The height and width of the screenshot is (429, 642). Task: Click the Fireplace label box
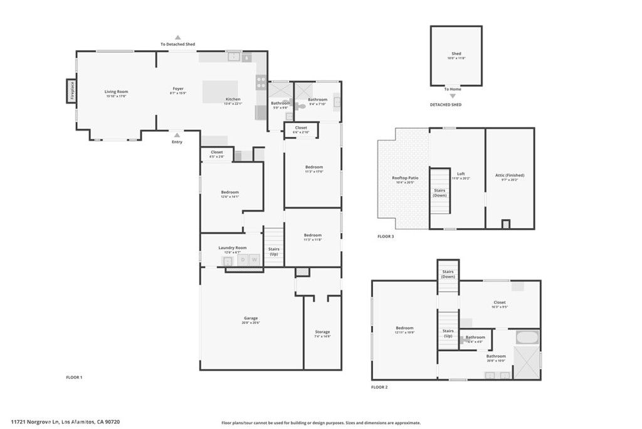72,91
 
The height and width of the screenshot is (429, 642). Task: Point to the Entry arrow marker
177,135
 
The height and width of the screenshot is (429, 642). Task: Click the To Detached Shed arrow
177,38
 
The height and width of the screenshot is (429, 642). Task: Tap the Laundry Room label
232,248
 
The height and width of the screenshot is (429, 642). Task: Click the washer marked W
255,259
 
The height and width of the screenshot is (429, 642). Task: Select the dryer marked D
242,259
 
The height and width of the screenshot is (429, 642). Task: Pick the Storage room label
322,332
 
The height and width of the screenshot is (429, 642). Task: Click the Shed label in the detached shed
456,55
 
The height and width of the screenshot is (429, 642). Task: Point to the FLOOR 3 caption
386,237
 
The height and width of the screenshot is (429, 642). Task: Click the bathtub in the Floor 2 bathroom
526,337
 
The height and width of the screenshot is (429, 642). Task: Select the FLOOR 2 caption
379,388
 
